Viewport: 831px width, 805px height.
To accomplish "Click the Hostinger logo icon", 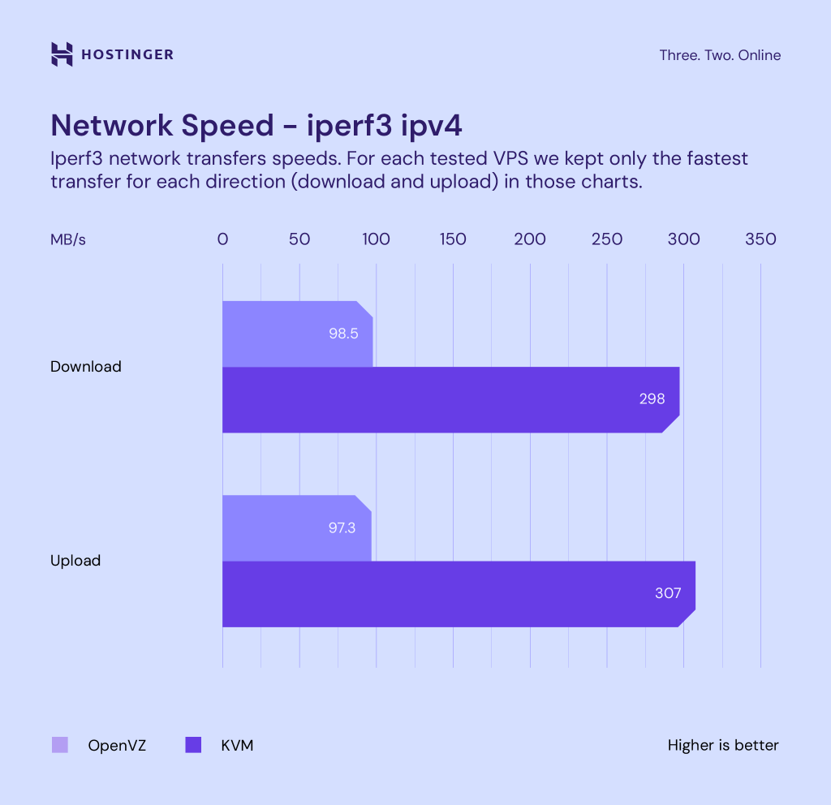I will [62, 54].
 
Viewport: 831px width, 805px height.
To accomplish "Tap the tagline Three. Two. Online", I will [720, 55].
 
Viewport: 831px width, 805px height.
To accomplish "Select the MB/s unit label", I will [68, 239].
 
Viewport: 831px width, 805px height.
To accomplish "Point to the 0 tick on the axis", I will [222, 239].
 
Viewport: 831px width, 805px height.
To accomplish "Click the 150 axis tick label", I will [453, 239].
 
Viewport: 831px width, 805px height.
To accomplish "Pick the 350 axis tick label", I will [760, 239].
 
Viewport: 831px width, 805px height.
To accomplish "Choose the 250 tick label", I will [607, 239].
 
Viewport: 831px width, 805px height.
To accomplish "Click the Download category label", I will [86, 367].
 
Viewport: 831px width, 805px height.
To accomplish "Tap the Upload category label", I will [75, 561].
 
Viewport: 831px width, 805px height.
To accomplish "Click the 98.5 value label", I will [343, 334].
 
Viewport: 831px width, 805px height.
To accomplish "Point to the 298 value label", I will [651, 399].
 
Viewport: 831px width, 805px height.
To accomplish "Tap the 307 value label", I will [668, 593].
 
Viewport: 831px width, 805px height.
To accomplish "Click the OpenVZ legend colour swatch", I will [60, 745].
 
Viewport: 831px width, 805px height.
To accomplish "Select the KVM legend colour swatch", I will [193, 745].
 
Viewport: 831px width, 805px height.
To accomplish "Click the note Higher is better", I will [723, 745].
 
